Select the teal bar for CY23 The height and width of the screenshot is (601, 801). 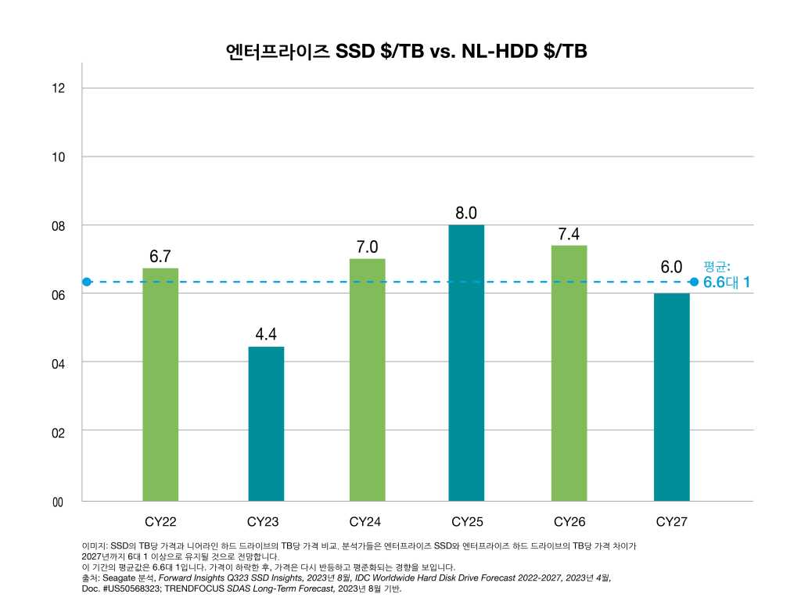(x=266, y=423)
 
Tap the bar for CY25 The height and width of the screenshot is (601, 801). (x=466, y=362)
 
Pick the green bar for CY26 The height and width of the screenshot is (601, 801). (x=569, y=372)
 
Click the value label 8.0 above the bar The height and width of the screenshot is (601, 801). (x=466, y=213)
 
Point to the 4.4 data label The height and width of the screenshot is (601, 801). (x=266, y=334)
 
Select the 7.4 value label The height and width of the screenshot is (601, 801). (x=569, y=234)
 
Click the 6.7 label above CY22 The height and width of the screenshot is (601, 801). (x=160, y=257)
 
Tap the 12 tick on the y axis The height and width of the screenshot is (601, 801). (x=59, y=88)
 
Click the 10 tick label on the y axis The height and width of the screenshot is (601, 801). (x=59, y=157)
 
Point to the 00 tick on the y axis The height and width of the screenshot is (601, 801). (x=58, y=502)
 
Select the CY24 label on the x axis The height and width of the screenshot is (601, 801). (x=365, y=522)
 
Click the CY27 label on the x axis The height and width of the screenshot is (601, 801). (x=671, y=522)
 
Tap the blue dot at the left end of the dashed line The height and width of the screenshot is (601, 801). (x=87, y=282)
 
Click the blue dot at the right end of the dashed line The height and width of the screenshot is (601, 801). (x=694, y=282)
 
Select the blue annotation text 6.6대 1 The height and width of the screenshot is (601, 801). (x=727, y=283)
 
